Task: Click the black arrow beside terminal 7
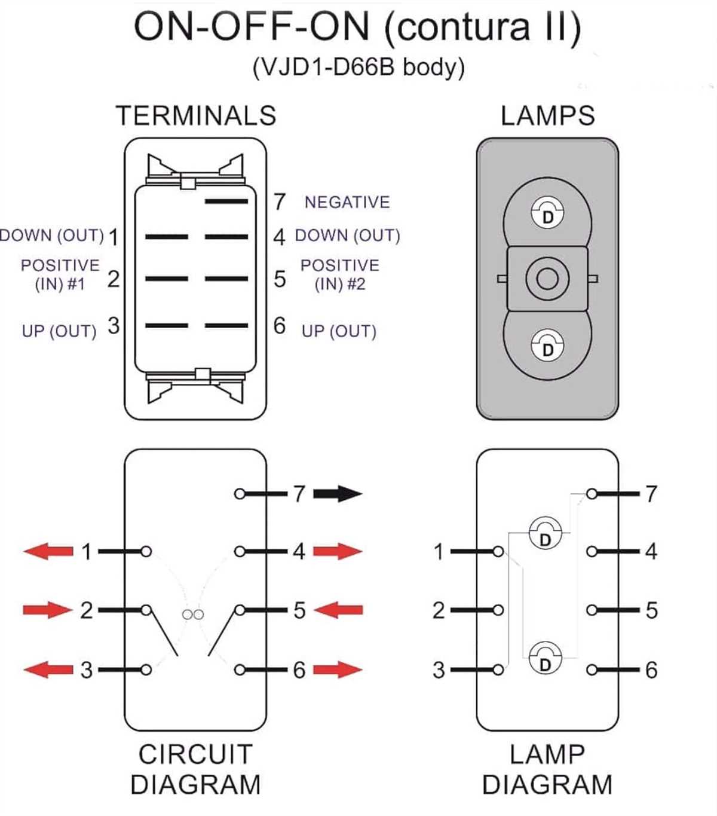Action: pos(338,494)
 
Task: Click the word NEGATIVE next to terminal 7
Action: pos(347,202)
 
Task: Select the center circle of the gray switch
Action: pos(547,279)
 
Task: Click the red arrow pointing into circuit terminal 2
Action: pos(48,610)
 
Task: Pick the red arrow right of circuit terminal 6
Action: pos(338,670)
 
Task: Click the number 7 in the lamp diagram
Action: pos(651,494)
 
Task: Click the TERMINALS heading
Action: pos(195,115)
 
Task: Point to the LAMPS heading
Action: pos(547,115)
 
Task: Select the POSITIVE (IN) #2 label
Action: pos(339,274)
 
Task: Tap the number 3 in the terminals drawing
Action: pos(113,326)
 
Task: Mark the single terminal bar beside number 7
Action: pos(226,201)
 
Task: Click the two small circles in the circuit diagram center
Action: pos(192,614)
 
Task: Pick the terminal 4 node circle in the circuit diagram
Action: pos(240,551)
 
